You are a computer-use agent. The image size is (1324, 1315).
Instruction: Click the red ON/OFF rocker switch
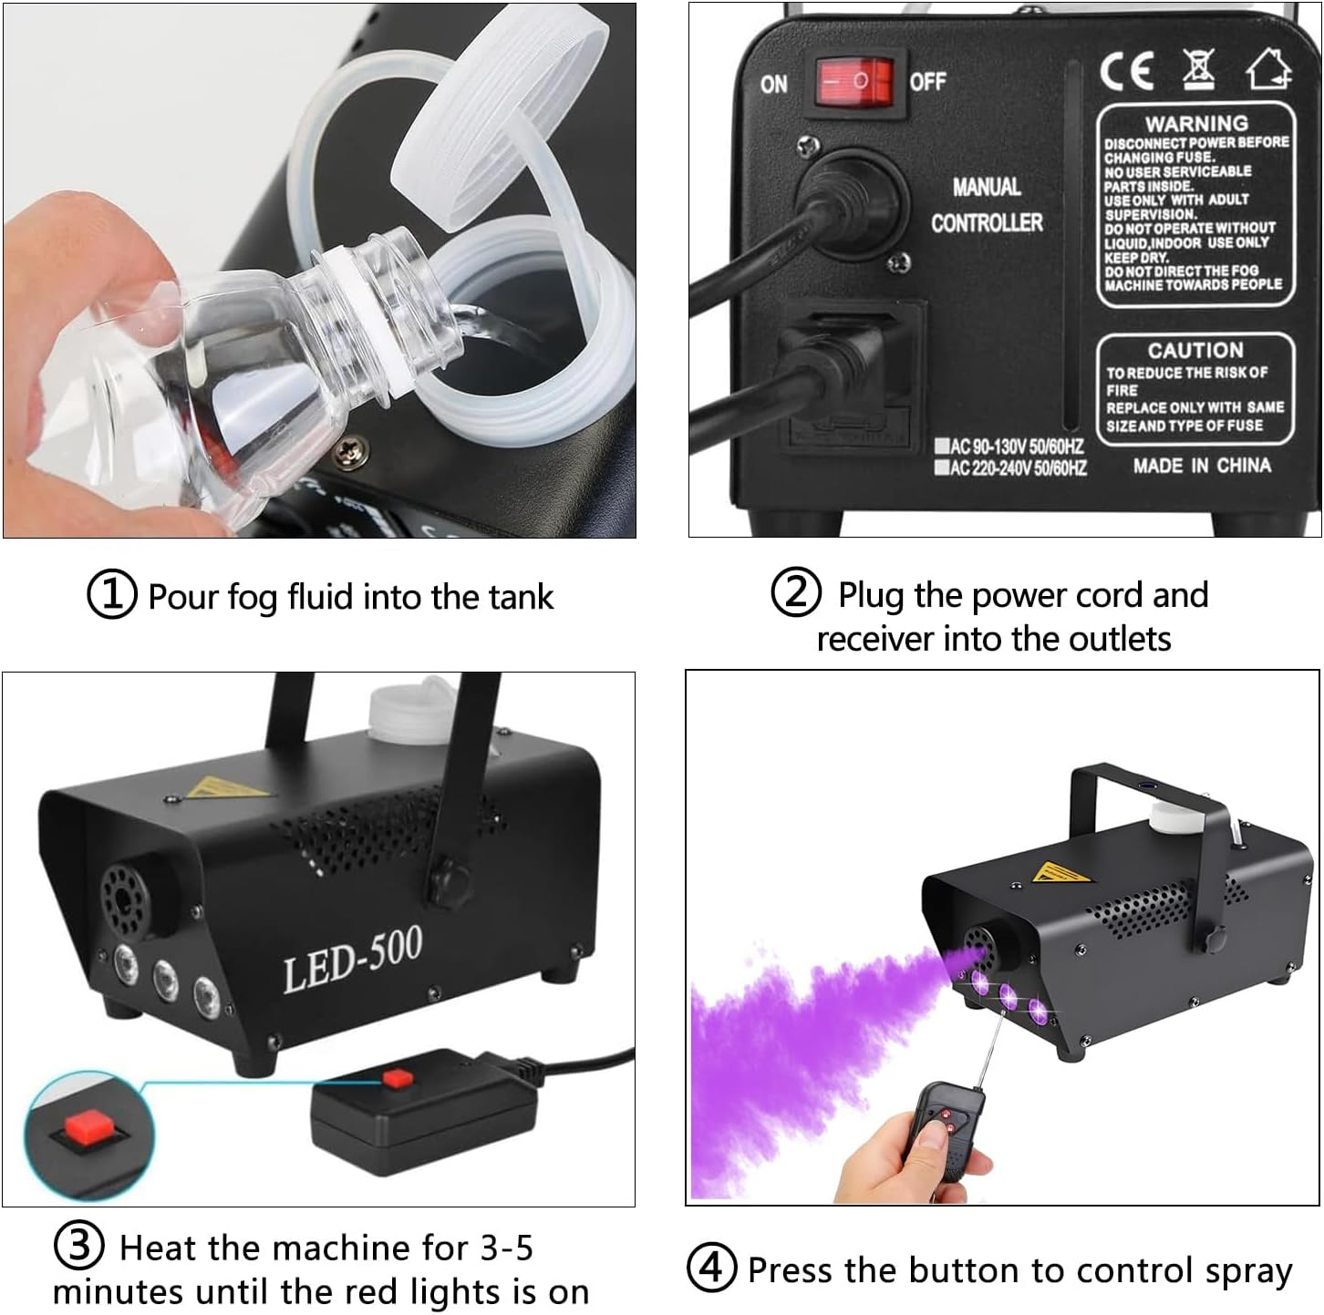854,82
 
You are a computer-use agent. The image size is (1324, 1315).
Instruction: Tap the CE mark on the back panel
1127,71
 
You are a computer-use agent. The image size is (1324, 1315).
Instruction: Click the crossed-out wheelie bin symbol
1199,67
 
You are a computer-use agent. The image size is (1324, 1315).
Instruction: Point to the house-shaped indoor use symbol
1269,68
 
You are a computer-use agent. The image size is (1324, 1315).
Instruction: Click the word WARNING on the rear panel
1196,123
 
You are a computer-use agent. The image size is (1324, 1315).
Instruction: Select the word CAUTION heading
1195,350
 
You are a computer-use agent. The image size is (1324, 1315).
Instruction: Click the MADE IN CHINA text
1202,466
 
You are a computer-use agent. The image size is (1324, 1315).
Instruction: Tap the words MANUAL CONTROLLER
987,205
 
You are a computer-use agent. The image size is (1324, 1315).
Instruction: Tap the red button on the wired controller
398,1079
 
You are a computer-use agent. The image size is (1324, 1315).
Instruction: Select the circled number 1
111,595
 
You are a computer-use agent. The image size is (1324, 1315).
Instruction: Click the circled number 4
710,1268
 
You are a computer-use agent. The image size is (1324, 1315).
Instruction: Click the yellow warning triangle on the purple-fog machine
1060,873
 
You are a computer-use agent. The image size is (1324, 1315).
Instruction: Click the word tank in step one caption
521,597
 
